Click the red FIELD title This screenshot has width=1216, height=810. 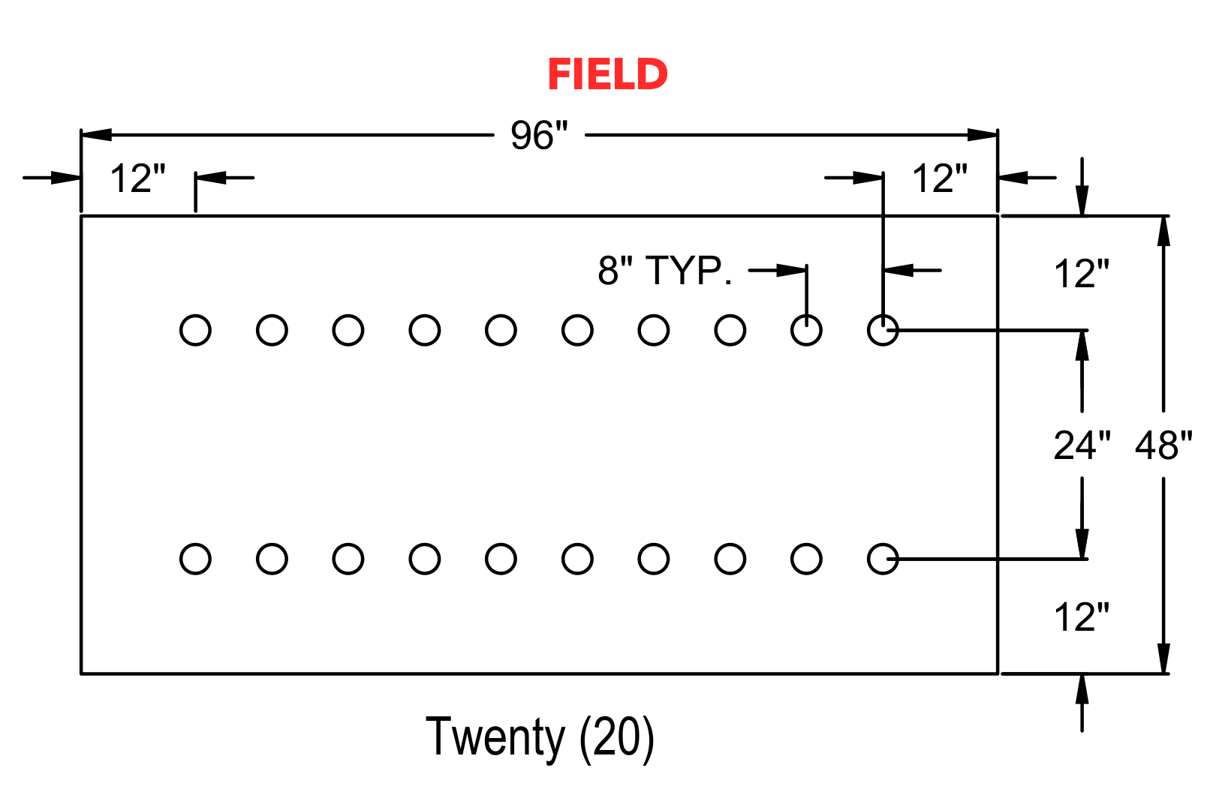click(607, 74)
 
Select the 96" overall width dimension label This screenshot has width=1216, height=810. click(539, 135)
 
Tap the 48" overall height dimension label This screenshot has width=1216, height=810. click(1164, 445)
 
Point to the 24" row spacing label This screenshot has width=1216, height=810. click(1082, 445)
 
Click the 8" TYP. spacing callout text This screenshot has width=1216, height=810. click(665, 270)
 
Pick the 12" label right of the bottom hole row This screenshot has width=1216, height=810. click(1082, 617)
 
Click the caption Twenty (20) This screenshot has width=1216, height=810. click(540, 737)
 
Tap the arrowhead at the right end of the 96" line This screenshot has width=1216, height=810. click(982, 135)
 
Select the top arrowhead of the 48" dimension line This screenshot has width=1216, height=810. click(1163, 231)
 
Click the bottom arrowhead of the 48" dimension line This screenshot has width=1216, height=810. click(1163, 658)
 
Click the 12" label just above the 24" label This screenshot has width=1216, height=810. click(1082, 274)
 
